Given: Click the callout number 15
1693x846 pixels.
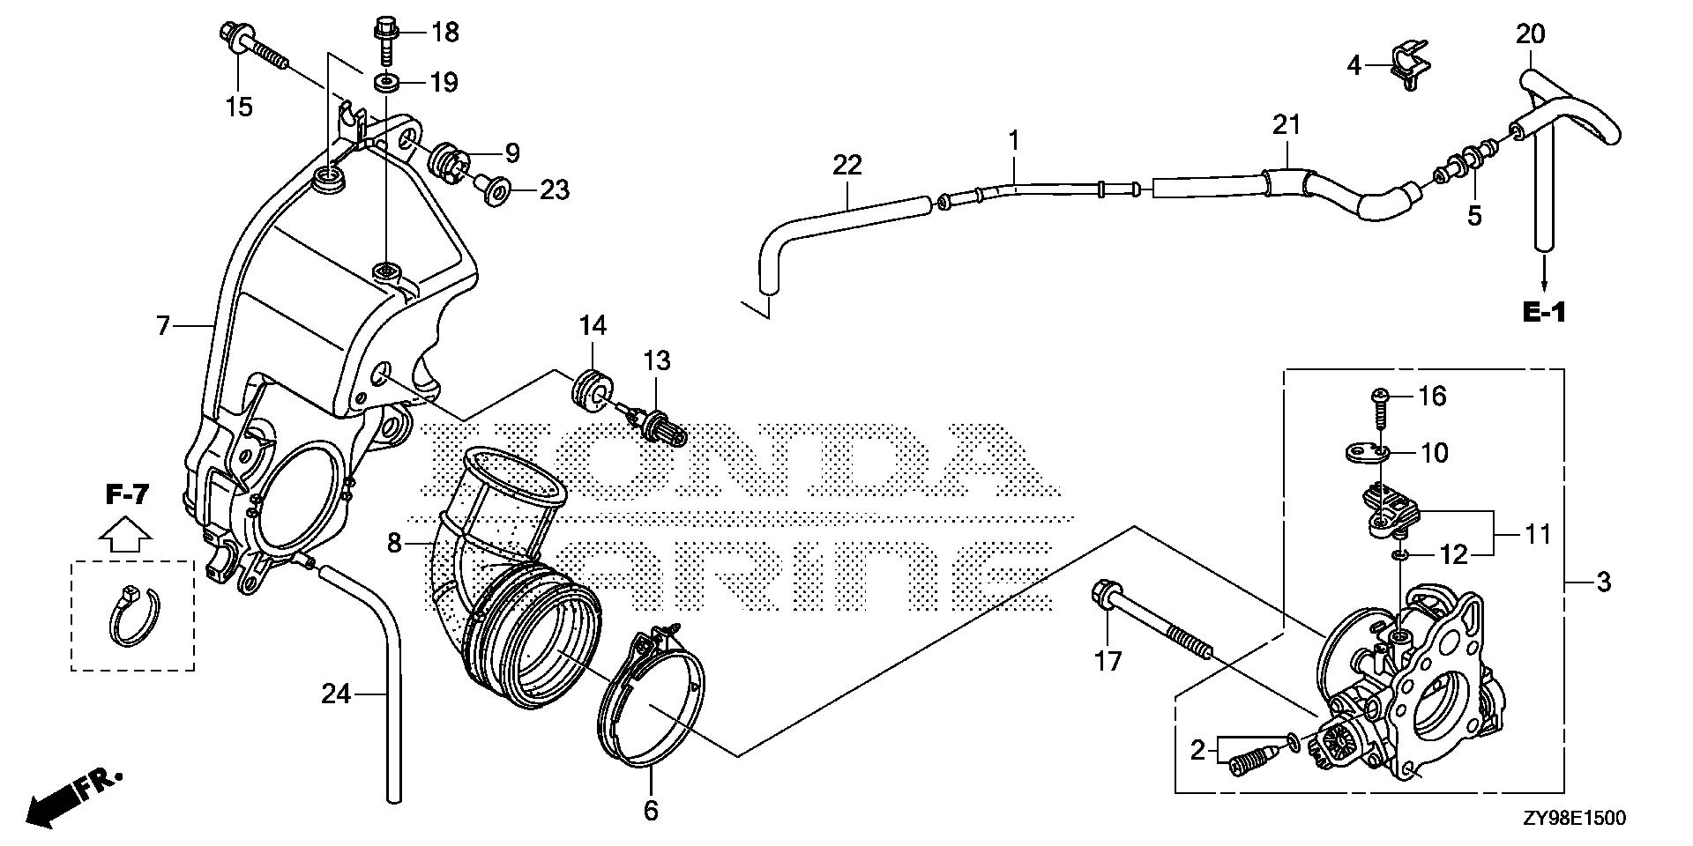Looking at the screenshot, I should [x=238, y=107].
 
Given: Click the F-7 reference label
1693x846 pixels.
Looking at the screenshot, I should [x=127, y=495].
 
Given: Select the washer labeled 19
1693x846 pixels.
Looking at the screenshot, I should [x=385, y=84].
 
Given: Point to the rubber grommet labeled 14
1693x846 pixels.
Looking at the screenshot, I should [x=591, y=389].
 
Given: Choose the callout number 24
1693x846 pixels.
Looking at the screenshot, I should [x=336, y=695].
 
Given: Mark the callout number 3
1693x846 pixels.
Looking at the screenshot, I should [x=1603, y=582].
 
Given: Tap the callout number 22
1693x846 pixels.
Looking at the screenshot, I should [x=846, y=165].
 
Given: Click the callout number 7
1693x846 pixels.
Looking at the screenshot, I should [x=162, y=326].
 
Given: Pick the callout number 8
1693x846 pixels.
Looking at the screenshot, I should [x=394, y=544].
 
